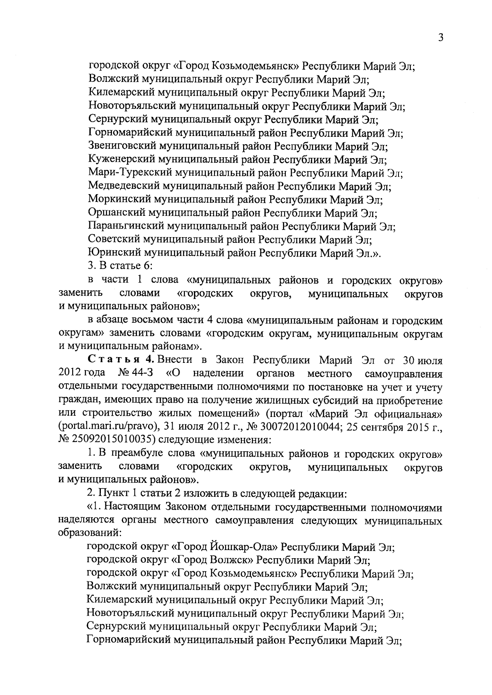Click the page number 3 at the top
pyautogui.click(x=441, y=38)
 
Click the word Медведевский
pyautogui.click(x=123, y=187)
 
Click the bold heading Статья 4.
pyautogui.click(x=121, y=360)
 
